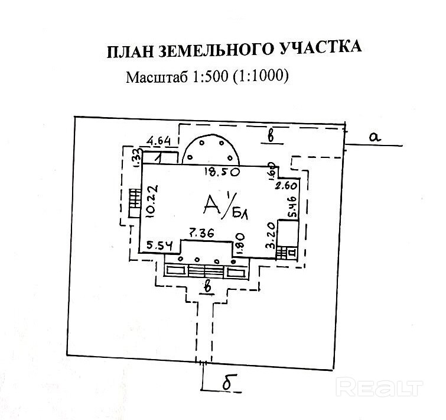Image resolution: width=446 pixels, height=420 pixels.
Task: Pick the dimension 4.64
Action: [x=158, y=141]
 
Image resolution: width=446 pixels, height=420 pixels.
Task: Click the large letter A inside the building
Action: [x=211, y=204]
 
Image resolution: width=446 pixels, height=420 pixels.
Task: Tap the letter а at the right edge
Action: [x=373, y=137]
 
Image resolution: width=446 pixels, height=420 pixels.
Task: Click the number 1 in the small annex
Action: [x=159, y=157]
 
